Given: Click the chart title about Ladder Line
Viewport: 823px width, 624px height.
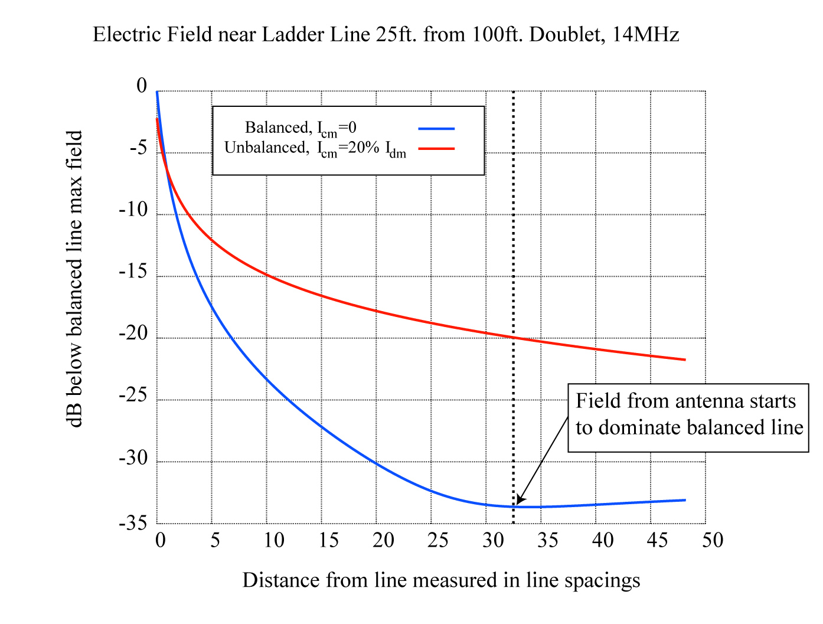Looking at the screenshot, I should click(386, 35).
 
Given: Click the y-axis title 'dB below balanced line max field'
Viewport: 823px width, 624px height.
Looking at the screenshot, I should click(76, 279).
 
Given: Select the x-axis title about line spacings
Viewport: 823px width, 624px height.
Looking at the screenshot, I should click(441, 580).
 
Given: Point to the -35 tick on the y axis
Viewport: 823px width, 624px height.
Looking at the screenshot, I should click(133, 523).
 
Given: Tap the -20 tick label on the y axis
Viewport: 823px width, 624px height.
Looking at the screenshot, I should click(133, 334).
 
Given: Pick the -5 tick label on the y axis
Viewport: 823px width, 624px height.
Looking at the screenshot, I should click(138, 148).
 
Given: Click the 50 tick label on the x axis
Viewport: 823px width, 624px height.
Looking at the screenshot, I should click(713, 540).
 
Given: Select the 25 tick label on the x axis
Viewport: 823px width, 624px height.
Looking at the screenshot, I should click(437, 540).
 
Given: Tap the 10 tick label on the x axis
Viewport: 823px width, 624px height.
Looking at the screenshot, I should click(273, 540).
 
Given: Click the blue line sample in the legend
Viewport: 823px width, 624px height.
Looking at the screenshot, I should click(436, 129).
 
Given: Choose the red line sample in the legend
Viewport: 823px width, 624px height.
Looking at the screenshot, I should click(436, 148).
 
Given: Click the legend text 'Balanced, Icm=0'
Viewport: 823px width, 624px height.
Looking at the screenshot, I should click(301, 128).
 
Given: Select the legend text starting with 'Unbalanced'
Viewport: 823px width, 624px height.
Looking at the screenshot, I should click(315, 149).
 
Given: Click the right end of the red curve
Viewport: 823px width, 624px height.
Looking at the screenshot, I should click(685, 360).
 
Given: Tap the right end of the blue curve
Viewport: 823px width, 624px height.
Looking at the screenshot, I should click(685, 500).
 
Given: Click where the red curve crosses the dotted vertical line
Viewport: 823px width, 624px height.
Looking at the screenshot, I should click(514, 337).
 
